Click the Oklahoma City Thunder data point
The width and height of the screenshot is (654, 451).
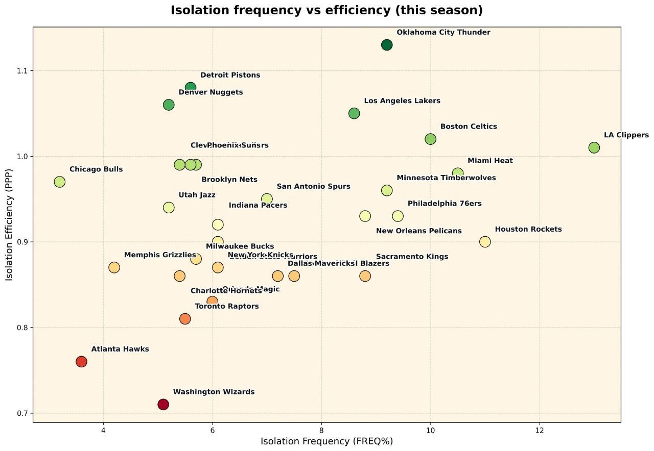[387, 45]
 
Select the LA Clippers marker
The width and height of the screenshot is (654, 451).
[594, 147]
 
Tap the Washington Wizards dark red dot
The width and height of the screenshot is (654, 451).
[163, 405]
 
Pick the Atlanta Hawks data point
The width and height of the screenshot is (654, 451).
[81, 362]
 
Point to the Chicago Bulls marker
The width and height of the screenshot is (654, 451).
[60, 182]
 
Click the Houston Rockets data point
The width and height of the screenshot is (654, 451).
[485, 242]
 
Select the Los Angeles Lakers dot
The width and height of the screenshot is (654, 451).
[354, 113]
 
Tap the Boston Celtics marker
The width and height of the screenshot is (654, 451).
[430, 139]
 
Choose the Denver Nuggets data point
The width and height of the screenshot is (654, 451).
[169, 105]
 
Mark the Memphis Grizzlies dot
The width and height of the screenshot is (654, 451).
[114, 267]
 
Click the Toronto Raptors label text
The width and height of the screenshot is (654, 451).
[226, 307]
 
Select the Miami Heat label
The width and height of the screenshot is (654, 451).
[490, 161]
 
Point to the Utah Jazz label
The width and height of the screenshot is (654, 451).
[197, 195]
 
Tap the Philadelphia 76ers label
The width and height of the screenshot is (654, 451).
[445, 204]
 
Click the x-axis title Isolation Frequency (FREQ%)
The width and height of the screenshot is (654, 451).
[326, 441]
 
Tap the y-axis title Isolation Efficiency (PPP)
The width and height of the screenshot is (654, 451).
[10, 225]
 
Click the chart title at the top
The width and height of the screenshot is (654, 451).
[326, 10]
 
